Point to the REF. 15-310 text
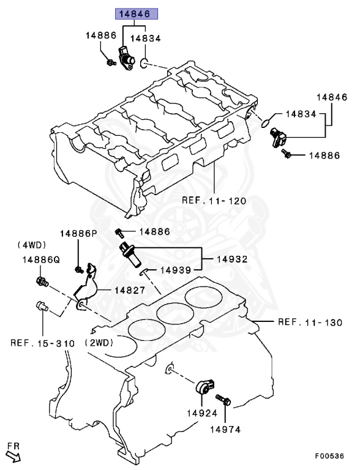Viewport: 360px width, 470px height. pyautogui.click(x=42, y=343)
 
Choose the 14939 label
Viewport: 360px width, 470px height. pyautogui.click(x=176, y=270)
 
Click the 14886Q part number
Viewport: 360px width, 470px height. pyautogui.click(x=41, y=259)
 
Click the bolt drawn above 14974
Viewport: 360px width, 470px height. pyautogui.click(x=224, y=403)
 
